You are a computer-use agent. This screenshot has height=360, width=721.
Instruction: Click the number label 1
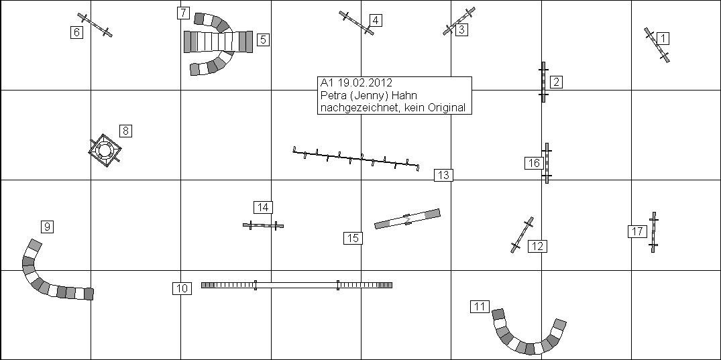click(663, 38)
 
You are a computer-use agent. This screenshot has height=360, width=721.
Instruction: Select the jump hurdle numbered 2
click(543, 82)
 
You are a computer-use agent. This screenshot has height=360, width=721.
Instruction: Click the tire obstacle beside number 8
click(105, 149)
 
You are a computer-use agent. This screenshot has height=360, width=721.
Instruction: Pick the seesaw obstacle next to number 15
click(407, 219)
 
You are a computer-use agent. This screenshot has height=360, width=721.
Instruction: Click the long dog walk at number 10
click(296, 285)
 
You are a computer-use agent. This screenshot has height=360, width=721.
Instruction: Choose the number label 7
click(184, 13)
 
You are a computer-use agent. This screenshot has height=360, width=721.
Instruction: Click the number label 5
click(263, 40)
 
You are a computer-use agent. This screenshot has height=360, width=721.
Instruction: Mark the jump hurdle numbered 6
click(95, 25)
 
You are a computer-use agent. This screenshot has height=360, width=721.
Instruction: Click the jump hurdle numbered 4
click(356, 22)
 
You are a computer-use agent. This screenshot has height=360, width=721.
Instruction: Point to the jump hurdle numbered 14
click(264, 225)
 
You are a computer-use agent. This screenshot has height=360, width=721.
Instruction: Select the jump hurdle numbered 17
click(653, 232)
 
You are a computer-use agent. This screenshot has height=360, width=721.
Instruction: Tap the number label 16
click(534, 163)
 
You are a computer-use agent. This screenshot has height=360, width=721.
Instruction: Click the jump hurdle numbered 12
click(522, 235)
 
